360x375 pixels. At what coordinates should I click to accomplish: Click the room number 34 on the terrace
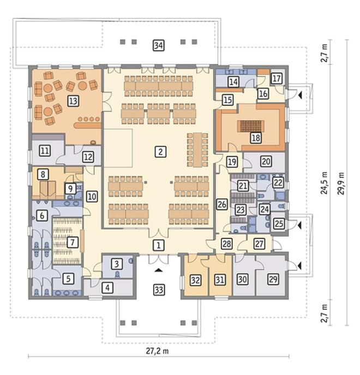(159, 45)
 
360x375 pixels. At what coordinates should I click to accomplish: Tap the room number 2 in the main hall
(160, 152)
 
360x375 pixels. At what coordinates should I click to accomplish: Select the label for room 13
(73, 100)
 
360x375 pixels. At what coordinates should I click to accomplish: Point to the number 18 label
(256, 138)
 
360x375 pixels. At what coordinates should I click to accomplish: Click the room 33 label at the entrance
(159, 290)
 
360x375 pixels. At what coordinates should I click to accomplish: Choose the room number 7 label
(73, 242)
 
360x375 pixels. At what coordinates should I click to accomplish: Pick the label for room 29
(273, 279)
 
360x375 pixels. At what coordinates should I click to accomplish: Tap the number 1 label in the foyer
(158, 245)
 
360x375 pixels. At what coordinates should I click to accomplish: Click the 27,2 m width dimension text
(157, 351)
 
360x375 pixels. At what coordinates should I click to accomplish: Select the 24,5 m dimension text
(325, 183)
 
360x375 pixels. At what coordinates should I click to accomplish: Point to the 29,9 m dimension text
(341, 183)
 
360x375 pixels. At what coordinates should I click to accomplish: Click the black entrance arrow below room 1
(158, 270)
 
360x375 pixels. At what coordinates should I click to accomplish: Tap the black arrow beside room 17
(300, 96)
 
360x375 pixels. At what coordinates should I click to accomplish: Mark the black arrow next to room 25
(299, 225)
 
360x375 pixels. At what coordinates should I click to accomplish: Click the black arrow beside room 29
(299, 265)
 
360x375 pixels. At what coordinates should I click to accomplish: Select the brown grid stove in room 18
(251, 126)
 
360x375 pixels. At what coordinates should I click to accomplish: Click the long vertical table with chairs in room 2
(197, 150)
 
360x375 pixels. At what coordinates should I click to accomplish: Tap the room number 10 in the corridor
(92, 197)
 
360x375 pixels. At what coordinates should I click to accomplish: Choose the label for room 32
(195, 280)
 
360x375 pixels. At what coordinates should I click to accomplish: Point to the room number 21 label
(243, 186)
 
